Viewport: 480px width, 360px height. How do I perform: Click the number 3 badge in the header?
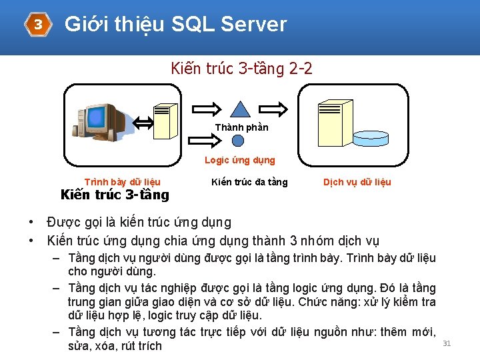tap(38, 25)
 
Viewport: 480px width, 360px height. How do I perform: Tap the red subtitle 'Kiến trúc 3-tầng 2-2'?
tap(241, 68)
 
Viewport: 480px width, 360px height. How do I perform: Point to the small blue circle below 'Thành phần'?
tap(238, 140)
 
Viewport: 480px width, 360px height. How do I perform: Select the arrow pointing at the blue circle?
tap(206, 139)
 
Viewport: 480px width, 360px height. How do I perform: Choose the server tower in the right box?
tap(335, 123)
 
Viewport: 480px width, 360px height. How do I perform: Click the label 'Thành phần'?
tap(241, 127)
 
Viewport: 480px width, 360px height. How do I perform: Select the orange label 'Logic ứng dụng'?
tap(239, 160)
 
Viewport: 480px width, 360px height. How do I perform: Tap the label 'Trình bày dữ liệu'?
tap(122, 182)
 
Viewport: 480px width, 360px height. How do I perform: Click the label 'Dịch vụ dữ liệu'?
tap(357, 182)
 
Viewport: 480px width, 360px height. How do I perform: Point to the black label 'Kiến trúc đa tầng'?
tap(249, 182)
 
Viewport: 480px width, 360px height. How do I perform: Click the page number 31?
tap(447, 343)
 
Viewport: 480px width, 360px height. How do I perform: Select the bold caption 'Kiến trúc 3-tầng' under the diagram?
tap(115, 195)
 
